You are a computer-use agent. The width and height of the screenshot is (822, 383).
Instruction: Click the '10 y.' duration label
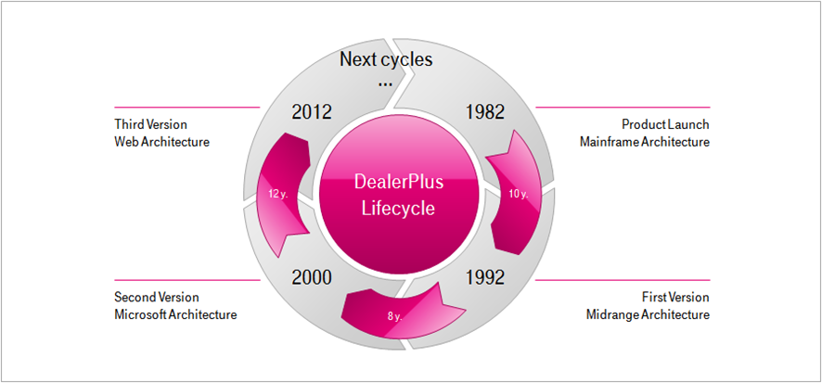pyautogui.click(x=519, y=195)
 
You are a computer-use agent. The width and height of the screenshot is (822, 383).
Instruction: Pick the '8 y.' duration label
pyautogui.click(x=393, y=317)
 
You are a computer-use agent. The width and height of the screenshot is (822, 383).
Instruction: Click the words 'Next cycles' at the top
pyautogui.click(x=386, y=61)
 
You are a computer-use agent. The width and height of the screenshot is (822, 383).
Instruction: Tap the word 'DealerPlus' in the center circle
pyautogui.click(x=399, y=182)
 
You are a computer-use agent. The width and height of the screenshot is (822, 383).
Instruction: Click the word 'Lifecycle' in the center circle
pyautogui.click(x=399, y=209)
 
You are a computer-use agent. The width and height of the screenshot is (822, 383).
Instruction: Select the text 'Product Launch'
pyautogui.click(x=665, y=123)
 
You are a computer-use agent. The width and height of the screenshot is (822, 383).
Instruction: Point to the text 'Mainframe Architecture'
pyautogui.click(x=644, y=142)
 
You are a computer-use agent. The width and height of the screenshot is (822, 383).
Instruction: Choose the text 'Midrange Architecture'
pyautogui.click(x=648, y=314)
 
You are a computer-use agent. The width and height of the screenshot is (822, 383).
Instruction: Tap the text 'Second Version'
pyautogui.click(x=156, y=297)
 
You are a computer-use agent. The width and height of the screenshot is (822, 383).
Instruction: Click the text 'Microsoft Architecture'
pyautogui.click(x=175, y=314)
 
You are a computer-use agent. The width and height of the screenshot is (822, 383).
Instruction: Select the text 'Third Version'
pyautogui.click(x=150, y=123)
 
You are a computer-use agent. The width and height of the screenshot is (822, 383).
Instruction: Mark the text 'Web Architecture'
pyautogui.click(x=161, y=142)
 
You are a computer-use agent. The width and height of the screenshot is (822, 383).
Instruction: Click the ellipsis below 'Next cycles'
pyautogui.click(x=386, y=83)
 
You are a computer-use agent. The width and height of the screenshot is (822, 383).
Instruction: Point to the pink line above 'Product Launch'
pyautogui.click(x=622, y=108)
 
